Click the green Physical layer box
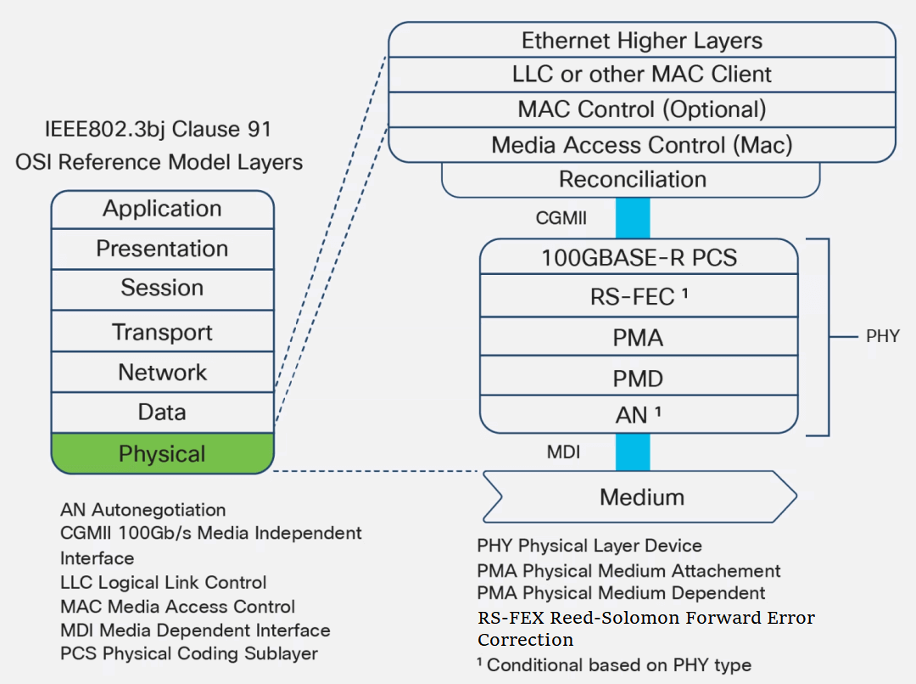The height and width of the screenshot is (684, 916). click(x=162, y=454)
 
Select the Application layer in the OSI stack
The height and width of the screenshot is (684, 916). click(x=162, y=209)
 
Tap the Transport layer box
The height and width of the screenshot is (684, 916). click(x=162, y=332)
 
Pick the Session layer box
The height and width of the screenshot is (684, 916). click(x=162, y=289)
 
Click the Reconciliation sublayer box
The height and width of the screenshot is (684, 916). click(x=631, y=180)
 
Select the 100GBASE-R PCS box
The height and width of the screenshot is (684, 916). click(x=639, y=257)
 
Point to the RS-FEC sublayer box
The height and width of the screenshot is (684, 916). click(x=639, y=296)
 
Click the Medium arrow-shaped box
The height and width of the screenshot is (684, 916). click(x=640, y=496)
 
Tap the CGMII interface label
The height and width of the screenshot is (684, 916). click(x=561, y=218)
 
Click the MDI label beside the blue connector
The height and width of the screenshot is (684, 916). click(x=563, y=452)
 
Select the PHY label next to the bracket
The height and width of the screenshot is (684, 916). click(x=882, y=337)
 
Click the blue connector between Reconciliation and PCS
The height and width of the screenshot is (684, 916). click(x=633, y=218)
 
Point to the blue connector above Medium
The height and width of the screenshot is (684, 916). click(x=633, y=451)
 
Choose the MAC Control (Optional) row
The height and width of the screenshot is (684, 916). click(x=641, y=109)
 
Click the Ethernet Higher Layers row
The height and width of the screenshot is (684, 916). click(x=641, y=41)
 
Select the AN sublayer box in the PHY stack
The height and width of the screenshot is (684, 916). click(x=639, y=416)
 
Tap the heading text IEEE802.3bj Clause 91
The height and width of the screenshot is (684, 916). click(x=158, y=130)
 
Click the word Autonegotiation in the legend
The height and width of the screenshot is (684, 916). click(x=159, y=510)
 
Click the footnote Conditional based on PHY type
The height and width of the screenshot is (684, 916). click(x=614, y=664)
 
